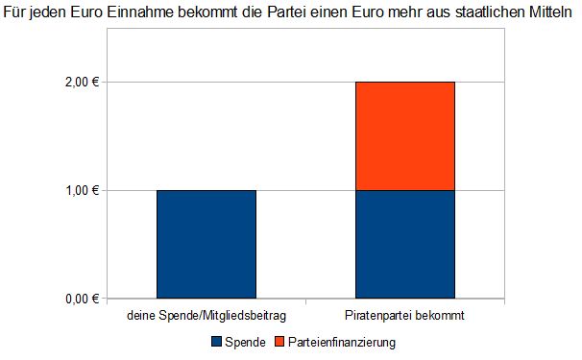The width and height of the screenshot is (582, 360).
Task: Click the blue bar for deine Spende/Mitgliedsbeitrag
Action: click(x=206, y=244)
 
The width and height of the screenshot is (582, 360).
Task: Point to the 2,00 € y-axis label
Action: click(x=83, y=83)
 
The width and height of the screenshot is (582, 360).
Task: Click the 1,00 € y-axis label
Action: click(x=83, y=191)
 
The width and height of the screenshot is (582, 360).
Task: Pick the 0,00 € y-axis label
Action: click(x=83, y=299)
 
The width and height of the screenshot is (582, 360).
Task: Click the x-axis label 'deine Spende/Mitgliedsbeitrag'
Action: click(x=207, y=315)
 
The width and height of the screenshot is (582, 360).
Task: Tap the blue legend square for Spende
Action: click(x=215, y=341)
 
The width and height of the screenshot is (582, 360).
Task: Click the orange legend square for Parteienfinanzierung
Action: click(x=280, y=341)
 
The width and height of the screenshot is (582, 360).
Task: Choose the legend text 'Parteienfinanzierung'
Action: click(x=342, y=341)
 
